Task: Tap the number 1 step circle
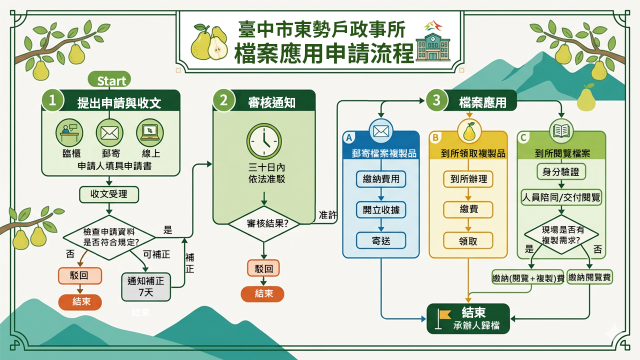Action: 53,100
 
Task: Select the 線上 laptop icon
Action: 150,132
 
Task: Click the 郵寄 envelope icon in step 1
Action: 109,132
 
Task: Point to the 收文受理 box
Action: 109,194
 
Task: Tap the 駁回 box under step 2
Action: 263,268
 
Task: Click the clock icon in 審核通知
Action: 263,142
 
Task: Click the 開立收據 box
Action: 381,209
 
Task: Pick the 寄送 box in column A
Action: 381,241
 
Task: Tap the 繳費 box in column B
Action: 468,209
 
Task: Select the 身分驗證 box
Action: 560,171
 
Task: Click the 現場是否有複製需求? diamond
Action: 560,234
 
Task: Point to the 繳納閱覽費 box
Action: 590,277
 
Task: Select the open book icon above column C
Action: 560,130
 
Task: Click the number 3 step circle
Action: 436,100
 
